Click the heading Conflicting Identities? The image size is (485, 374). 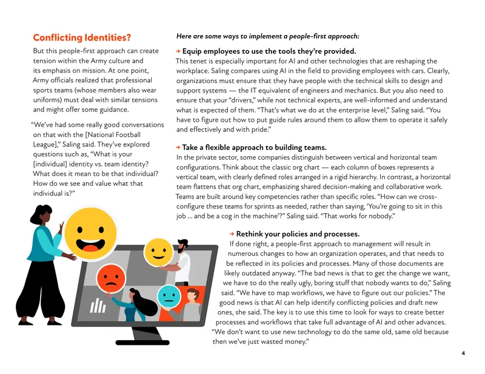(x=82, y=38)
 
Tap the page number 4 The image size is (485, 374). (x=463, y=353)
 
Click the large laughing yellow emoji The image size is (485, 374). (x=90, y=233)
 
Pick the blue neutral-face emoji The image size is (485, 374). (x=169, y=297)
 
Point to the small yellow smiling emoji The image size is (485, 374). (x=158, y=252)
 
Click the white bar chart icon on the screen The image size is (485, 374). (x=98, y=305)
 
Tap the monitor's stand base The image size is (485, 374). (x=142, y=342)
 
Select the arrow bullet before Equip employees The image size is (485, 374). (x=178, y=51)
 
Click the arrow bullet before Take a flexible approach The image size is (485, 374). (x=178, y=147)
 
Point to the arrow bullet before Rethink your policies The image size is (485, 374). (x=232, y=234)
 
